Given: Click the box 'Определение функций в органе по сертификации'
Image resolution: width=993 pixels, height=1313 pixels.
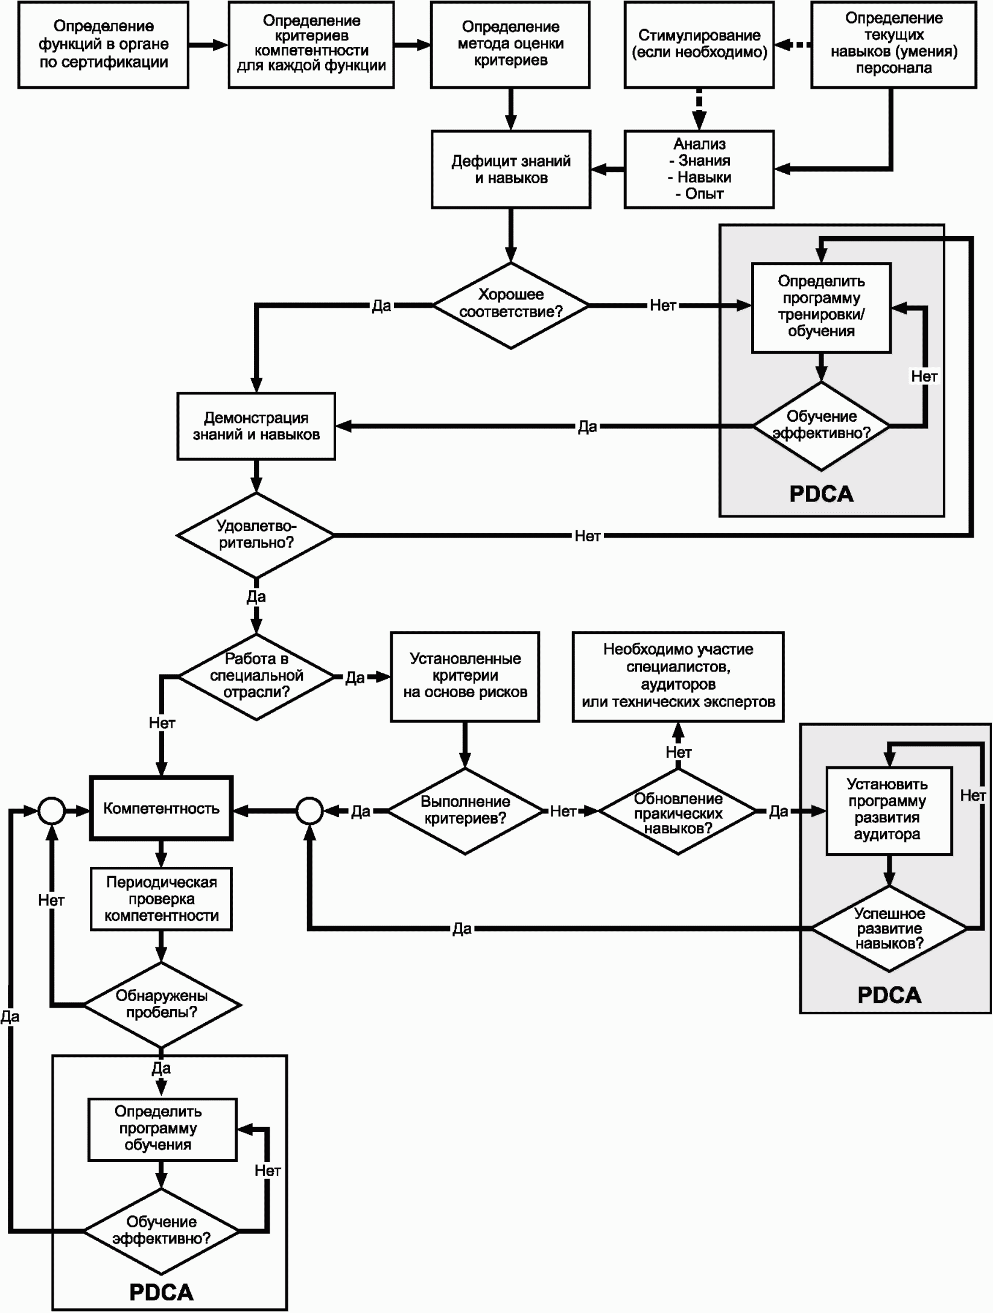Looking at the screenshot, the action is (103, 45).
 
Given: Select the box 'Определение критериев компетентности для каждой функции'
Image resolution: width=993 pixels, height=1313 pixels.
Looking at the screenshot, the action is (311, 45).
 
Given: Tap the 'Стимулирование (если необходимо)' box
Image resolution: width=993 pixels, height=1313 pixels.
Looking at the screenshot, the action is (699, 45).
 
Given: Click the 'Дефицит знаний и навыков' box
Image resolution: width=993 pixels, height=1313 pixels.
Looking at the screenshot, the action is (511, 170).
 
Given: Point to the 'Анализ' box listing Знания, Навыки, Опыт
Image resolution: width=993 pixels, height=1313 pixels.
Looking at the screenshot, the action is (699, 170).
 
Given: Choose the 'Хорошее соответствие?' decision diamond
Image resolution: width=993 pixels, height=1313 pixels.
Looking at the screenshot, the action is (511, 305).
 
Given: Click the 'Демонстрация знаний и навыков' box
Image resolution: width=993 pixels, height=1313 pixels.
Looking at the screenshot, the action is (256, 426).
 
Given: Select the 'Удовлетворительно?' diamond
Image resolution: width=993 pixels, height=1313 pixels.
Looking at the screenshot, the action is (256, 535).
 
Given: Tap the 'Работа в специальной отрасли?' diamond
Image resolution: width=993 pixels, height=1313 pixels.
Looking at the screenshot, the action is (256, 676).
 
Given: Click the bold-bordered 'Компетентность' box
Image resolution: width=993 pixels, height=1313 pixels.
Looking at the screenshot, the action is (161, 809).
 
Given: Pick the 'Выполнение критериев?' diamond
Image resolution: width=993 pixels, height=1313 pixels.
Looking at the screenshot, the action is (465, 811).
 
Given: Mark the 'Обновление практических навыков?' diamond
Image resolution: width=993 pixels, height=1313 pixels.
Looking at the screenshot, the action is (678, 812).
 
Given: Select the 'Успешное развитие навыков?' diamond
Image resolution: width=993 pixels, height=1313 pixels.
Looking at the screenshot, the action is (889, 929).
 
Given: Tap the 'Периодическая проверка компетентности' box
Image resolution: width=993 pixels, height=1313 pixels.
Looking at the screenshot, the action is (161, 899).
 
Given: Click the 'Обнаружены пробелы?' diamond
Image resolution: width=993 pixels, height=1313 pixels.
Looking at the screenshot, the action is (162, 1005).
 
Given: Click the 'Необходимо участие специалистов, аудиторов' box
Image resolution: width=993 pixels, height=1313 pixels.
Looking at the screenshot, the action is (678, 676).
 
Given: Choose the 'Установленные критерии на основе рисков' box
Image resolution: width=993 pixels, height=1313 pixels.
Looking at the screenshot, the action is (465, 676).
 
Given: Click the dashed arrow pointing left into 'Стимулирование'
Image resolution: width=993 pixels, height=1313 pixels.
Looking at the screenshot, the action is (793, 45).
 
